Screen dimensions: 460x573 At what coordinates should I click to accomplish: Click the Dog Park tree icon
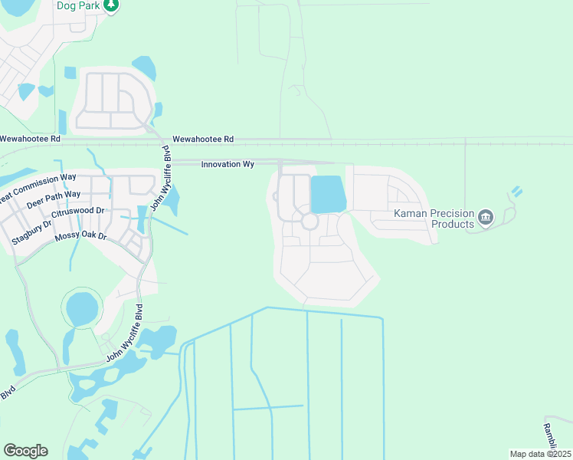point(112,5)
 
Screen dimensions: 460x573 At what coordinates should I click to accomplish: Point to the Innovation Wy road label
point(228,164)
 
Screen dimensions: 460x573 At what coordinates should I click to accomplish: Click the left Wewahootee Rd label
point(30,139)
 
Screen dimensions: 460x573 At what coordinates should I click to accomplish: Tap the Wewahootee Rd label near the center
point(202,139)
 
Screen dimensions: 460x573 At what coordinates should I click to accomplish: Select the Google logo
point(25,451)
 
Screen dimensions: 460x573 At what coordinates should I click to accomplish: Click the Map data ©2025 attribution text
point(539,454)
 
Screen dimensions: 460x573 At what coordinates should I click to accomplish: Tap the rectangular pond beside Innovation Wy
point(328,195)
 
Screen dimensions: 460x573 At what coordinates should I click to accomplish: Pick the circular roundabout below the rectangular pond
point(309,222)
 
